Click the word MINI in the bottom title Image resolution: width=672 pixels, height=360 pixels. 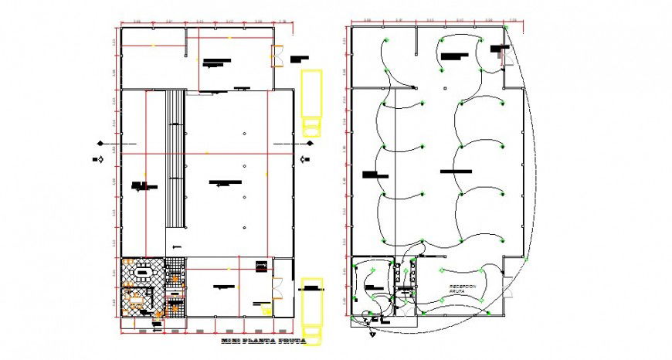(229, 341)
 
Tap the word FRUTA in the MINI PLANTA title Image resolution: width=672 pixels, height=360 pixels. (291, 341)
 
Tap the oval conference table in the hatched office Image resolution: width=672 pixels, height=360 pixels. (143, 272)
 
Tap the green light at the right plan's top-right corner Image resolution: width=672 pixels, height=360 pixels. (507, 28)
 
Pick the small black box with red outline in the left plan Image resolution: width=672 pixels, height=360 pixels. (261, 267)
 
